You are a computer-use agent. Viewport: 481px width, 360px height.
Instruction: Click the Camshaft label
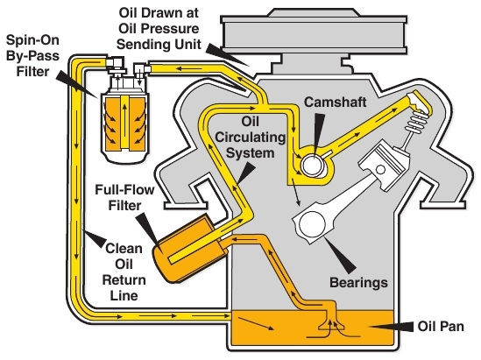point(335,102)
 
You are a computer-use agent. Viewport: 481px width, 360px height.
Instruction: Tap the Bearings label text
point(358,282)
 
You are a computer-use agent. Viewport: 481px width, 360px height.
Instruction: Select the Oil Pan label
point(441,326)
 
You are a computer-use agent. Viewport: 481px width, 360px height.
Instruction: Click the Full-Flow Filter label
point(124,197)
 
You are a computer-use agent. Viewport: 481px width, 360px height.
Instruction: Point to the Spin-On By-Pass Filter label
point(32,56)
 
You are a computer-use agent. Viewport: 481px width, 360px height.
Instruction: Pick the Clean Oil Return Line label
point(124,272)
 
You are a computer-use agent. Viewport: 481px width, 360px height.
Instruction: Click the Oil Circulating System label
point(250,137)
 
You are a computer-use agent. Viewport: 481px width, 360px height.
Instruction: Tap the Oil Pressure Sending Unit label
point(159,29)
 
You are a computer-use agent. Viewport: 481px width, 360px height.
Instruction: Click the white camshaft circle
point(312,166)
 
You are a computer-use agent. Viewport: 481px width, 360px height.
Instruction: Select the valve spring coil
point(416,121)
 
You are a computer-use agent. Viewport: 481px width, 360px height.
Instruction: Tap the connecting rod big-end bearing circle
point(313,224)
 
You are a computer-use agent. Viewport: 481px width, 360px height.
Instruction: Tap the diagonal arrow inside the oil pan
point(256,324)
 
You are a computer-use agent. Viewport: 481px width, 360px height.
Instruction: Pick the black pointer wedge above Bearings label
point(340,256)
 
